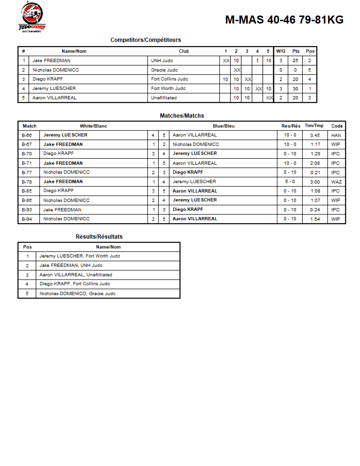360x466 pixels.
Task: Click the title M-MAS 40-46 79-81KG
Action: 284,20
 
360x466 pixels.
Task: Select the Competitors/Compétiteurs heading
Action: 145,40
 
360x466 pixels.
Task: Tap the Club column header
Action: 184,51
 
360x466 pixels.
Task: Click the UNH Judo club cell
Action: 163,61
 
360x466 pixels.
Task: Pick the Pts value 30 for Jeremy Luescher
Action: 296,88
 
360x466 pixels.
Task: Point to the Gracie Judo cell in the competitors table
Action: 165,70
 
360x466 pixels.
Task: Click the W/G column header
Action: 281,51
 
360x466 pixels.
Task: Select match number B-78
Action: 27,182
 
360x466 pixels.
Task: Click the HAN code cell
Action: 336,135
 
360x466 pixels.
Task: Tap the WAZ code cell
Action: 336,182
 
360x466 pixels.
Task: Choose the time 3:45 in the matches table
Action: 315,135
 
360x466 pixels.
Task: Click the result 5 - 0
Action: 290,182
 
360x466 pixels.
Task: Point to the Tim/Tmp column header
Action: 314,126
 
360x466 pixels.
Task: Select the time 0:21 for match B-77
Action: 315,172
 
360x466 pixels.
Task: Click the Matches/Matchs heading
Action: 182,116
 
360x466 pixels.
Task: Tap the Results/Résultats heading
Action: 99,237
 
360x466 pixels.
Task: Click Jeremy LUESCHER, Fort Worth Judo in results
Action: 80,256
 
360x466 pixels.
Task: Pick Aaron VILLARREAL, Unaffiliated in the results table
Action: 76,275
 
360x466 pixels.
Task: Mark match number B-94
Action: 27,219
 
